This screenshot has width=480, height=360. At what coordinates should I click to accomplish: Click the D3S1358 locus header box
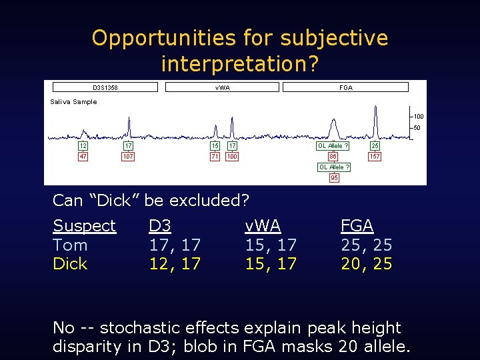105,87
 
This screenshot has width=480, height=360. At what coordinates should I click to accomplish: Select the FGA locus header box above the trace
345,87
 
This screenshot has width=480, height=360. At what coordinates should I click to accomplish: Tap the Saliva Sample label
74,102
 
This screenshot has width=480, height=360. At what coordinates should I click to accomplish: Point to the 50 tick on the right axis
417,128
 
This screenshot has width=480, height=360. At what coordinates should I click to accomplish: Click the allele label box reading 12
83,145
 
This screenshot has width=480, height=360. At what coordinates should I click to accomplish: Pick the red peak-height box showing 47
83,157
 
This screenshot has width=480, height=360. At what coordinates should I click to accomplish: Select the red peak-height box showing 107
128,157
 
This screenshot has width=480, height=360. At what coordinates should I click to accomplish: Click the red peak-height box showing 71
215,157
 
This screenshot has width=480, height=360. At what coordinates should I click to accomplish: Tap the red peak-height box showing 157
375,157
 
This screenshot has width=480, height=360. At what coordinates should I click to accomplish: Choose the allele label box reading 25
375,145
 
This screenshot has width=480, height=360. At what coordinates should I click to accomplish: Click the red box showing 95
334,178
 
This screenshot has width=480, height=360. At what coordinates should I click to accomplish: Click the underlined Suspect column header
85,226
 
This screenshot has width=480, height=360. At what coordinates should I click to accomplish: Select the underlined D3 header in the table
160,226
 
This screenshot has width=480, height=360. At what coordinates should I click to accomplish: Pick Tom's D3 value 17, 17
175,245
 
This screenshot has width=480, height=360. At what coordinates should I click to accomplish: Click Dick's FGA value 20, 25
366,264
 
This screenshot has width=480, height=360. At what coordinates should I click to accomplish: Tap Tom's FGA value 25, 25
366,245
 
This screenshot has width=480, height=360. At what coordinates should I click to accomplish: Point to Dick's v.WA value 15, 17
271,264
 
